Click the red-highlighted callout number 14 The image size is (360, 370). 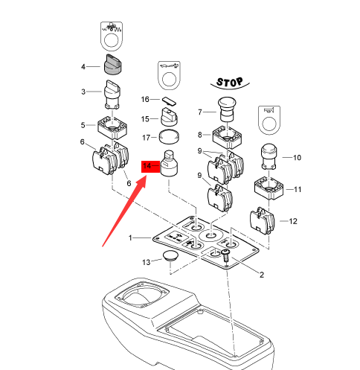point(147,166)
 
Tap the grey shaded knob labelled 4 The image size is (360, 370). point(113,65)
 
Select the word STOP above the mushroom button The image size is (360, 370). point(230,82)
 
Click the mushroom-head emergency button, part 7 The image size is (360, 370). point(227,109)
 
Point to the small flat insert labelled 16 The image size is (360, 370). point(169,101)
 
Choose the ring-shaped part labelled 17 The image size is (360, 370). point(169,136)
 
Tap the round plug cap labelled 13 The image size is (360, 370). point(170,255)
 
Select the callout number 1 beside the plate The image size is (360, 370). point(130,237)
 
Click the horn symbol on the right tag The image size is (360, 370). point(269,110)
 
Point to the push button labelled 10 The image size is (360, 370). point(269,157)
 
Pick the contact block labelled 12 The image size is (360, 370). point(263,221)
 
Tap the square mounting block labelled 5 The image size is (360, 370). point(112,127)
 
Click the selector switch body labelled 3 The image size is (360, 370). point(112,95)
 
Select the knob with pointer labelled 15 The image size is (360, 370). point(170,117)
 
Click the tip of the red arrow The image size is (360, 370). point(147,176)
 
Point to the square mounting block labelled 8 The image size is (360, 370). point(227,137)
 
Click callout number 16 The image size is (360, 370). point(145,99)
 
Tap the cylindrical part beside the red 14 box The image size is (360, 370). point(170,163)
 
